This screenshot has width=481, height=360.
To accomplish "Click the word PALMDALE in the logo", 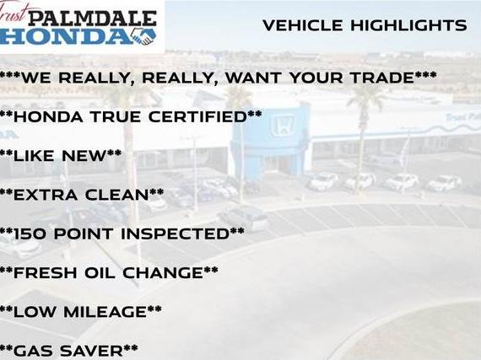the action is [93, 19].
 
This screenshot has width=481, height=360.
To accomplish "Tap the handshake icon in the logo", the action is [143, 37].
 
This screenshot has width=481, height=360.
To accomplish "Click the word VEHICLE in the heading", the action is [302, 25].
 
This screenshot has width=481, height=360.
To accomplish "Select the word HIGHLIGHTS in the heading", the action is [408, 25].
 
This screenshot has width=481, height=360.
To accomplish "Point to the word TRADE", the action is [382, 78].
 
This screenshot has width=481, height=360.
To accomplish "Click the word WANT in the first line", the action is [253, 78].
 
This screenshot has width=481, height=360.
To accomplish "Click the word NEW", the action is [84, 156].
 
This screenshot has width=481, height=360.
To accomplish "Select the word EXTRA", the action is [46, 195].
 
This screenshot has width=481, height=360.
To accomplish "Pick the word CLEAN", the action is [117, 195].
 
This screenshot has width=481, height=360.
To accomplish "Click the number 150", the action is [30, 234].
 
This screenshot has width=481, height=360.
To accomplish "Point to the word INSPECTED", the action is [176, 234].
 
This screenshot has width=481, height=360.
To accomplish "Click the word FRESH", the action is [45, 272].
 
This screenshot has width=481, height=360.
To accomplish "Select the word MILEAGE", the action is [105, 312].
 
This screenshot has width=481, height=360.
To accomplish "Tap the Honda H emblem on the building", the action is [282, 125].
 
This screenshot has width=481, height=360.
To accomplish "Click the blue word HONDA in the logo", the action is [65, 37].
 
